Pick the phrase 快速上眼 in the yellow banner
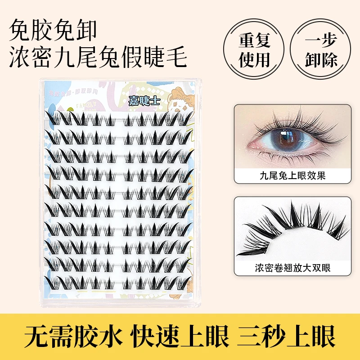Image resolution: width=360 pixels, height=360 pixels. [180, 336]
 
